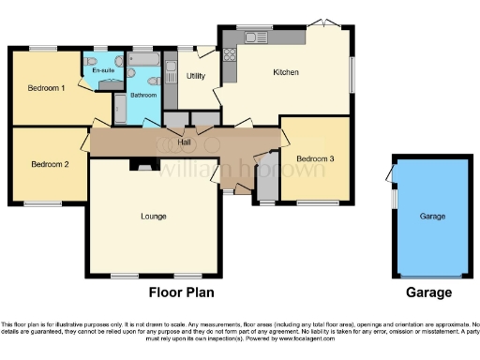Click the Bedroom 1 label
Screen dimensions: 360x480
pyautogui.click(x=46, y=88)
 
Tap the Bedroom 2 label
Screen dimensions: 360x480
pyautogui.click(x=50, y=164)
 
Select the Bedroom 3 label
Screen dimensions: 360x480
pyautogui.click(x=316, y=158)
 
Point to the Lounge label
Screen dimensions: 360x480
pyautogui.click(x=154, y=217)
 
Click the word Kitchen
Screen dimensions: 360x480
pyautogui.click(x=286, y=72)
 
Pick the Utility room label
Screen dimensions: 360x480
pyautogui.click(x=196, y=75)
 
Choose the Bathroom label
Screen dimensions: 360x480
pyautogui.click(x=142, y=94)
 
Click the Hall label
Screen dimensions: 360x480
pyautogui.click(x=199, y=142)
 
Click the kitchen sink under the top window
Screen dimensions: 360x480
pyautogui.click(x=253, y=37)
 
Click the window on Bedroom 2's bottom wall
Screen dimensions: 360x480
pyautogui.click(x=43, y=202)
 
